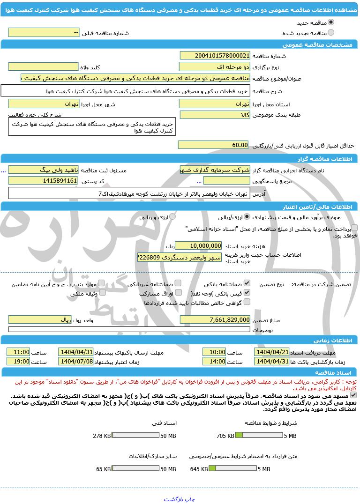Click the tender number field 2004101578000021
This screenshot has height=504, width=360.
(215, 56)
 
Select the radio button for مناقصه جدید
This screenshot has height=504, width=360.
(331, 22)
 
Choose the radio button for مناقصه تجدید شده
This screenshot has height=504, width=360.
(331, 33)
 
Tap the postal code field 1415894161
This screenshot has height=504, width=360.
(43, 181)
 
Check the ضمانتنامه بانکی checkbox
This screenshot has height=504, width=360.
(247, 283)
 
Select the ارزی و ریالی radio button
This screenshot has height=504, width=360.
(172, 217)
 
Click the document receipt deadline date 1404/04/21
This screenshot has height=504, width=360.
(272, 352)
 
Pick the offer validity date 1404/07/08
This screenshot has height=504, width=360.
(76, 362)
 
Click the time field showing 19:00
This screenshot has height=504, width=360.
(19, 362)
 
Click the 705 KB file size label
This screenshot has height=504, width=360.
(225, 436)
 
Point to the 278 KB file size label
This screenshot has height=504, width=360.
(102, 436)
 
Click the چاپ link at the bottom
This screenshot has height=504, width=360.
(189, 499)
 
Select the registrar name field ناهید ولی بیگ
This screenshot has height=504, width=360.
(43, 170)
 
